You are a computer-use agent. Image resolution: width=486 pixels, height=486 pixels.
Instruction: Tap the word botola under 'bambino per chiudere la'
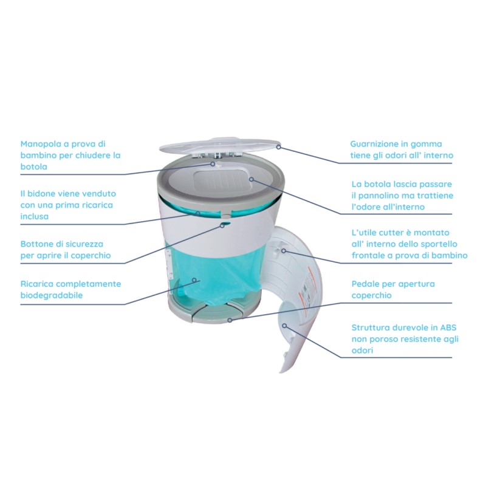[34, 166]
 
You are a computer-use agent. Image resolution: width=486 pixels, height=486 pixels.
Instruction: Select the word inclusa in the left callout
[35, 216]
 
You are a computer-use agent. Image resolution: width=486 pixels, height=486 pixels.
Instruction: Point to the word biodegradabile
[52, 295]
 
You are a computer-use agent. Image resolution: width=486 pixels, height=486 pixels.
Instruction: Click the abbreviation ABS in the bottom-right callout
[448, 327]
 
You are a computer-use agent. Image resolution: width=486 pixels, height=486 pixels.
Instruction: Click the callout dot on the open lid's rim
[278, 147]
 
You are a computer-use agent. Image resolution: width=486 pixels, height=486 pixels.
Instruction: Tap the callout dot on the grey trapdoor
[252, 179]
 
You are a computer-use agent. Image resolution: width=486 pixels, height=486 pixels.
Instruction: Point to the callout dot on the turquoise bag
[194, 280]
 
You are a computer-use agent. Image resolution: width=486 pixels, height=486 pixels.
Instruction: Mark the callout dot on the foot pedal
[230, 320]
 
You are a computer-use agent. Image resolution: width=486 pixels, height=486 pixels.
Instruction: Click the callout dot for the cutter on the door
[284, 250]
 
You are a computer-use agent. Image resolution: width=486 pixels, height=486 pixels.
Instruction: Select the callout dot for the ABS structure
[284, 326]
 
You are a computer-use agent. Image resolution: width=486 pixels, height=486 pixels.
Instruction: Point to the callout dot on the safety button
[222, 225]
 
